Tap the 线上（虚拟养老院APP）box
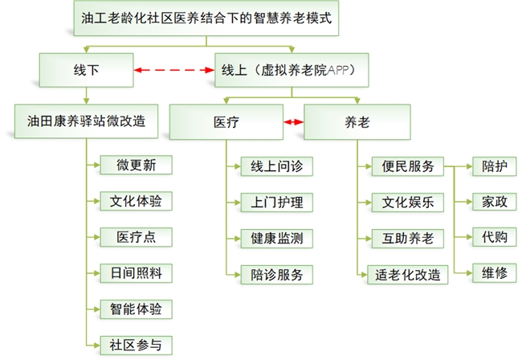287,70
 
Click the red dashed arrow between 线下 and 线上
175,71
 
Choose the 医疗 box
226,123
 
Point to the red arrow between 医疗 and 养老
293,123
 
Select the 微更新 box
136,166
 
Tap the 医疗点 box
136,237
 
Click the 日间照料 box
136,273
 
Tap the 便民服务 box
407,166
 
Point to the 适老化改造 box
407,275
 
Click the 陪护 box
494,166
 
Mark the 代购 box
494,238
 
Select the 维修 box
494,273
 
